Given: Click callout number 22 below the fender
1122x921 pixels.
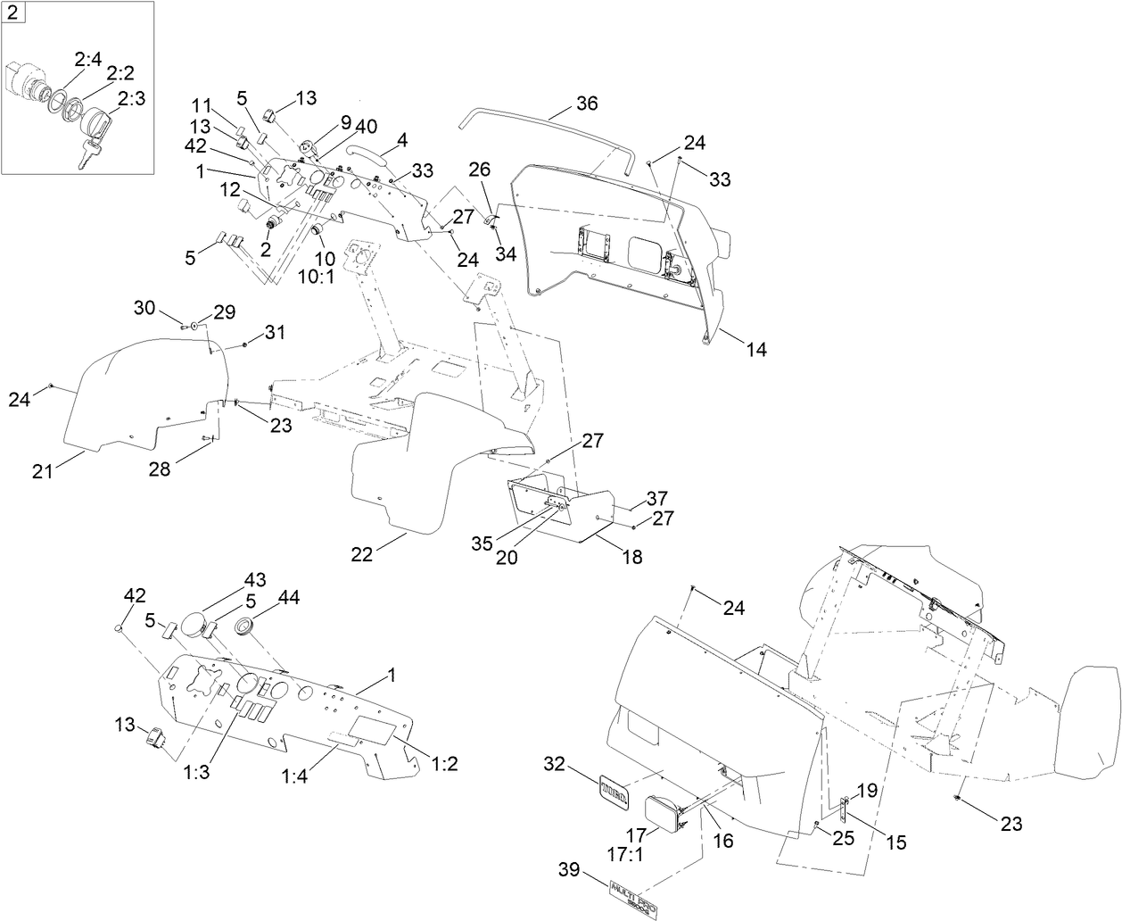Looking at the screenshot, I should pos(362,553).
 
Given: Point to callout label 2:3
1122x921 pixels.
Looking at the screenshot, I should pos(130,98).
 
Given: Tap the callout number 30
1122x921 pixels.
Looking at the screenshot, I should pos(144,306).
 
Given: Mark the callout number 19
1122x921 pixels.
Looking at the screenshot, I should pos(867,791).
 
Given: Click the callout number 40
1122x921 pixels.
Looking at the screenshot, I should pos(367,124).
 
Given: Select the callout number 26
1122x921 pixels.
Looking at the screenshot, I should pos(479,169).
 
